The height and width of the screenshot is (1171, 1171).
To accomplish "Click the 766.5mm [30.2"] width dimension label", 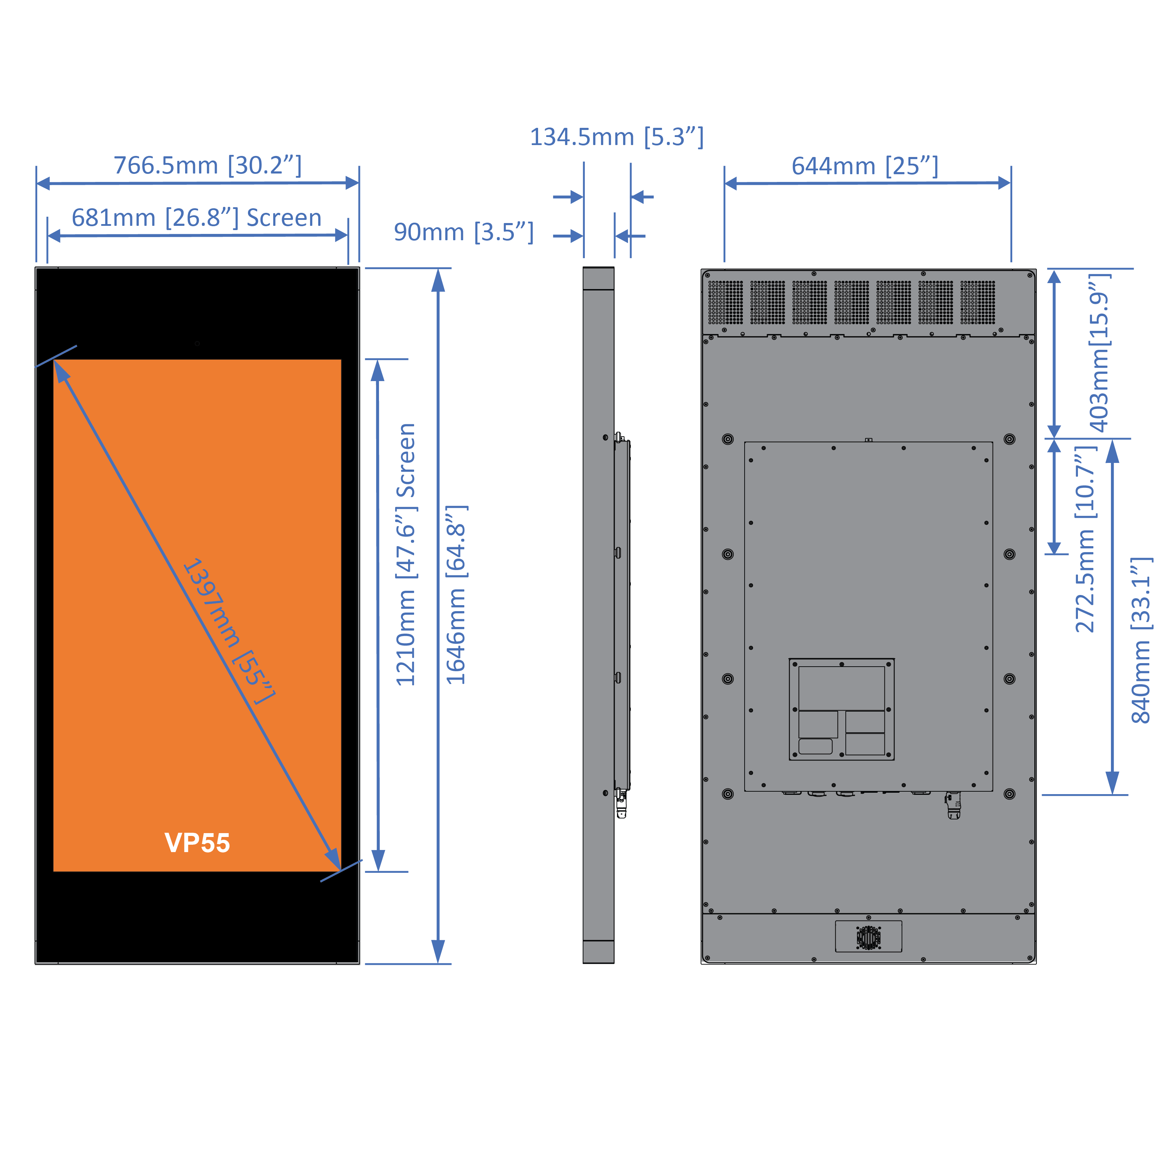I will pos(207,165).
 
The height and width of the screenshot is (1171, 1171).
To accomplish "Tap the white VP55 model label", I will pos(197,843).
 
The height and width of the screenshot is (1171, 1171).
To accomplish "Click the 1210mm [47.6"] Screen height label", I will pos(405,555).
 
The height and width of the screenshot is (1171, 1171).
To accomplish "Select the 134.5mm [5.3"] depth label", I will pos(616,137).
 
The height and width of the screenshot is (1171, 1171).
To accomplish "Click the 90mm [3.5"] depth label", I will pos(464,232).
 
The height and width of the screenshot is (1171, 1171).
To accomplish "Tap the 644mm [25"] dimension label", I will pos(865,165).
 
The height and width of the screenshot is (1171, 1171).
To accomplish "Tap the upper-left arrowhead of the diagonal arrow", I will pos(61,370).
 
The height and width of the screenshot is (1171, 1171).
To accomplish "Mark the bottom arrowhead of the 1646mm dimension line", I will pos(438,951).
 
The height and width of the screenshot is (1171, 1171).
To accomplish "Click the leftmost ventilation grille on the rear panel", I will pos(726,302).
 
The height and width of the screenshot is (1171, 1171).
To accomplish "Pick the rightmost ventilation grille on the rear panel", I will pos(977,302).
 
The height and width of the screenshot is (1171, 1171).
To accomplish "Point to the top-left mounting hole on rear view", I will pos(728,439).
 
